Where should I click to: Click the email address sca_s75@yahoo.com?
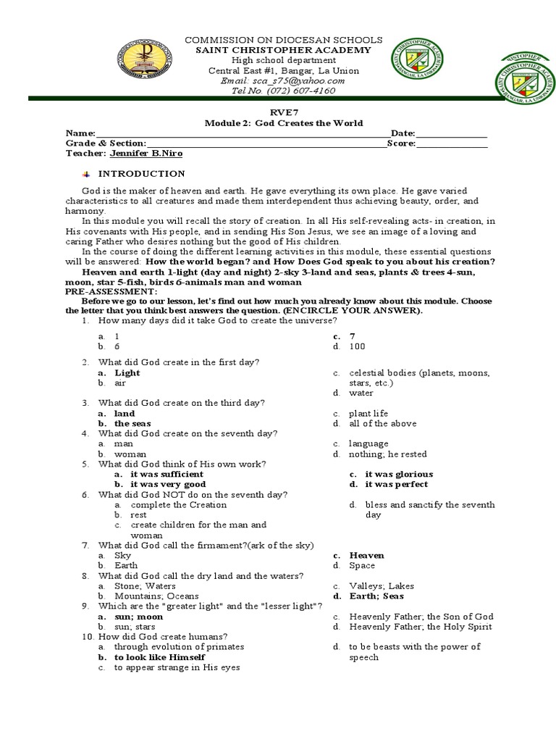click(293, 80)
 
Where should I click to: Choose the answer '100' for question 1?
click(356, 346)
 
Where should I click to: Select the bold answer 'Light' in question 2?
click(127, 372)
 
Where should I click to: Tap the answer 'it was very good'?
click(168, 484)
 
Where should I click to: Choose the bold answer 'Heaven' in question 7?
click(366, 555)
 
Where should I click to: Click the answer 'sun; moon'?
click(139, 617)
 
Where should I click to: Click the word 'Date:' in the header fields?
click(403, 134)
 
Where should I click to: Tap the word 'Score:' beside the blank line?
click(401, 143)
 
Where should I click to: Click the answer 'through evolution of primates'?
click(179, 646)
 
